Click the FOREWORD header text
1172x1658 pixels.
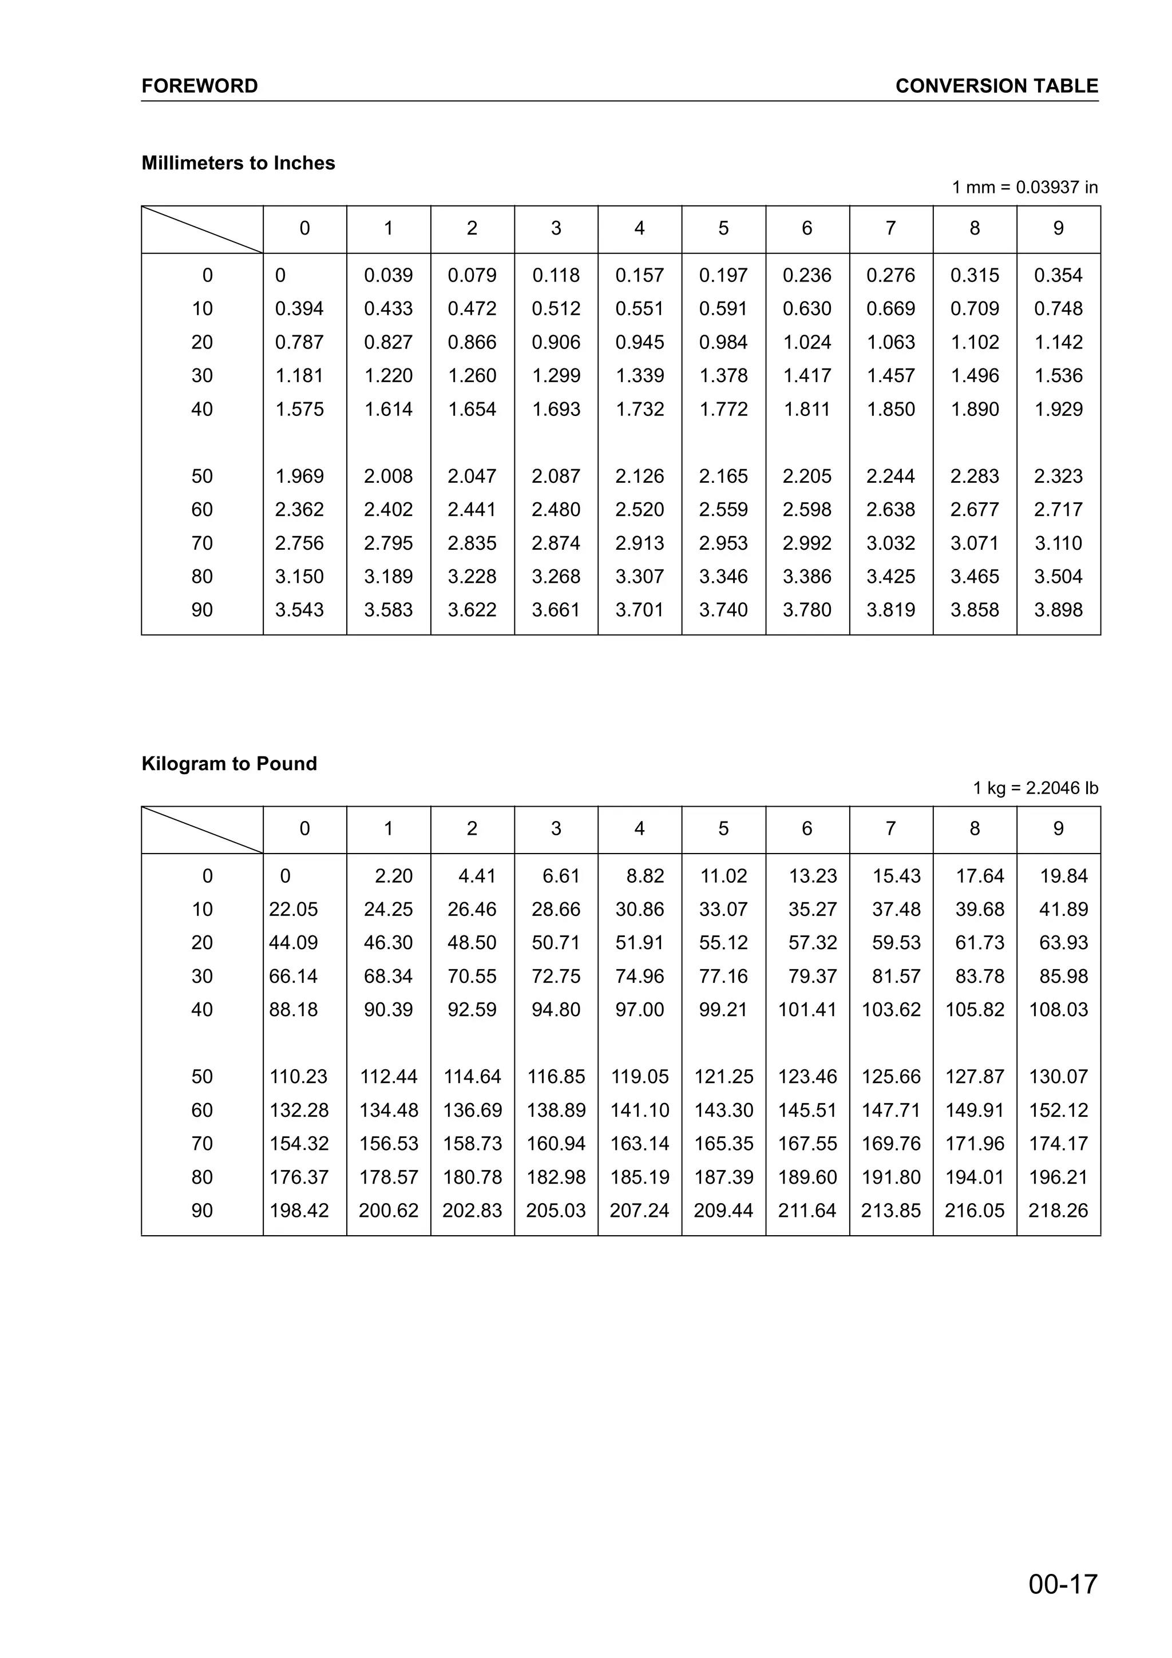pos(199,86)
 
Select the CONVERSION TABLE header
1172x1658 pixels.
pos(996,86)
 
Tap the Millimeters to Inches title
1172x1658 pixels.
pos(238,163)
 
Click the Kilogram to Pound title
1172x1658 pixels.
pos(229,764)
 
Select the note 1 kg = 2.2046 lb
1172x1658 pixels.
pos(1035,788)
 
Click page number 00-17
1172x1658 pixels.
pos(1062,1584)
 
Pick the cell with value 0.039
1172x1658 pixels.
pos(389,275)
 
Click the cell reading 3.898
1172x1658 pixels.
pos(1058,610)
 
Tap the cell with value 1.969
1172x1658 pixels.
pos(300,477)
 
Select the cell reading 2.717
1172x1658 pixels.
pos(1058,510)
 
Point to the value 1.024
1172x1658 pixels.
pos(806,342)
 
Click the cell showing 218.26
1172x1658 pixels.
pos(1058,1210)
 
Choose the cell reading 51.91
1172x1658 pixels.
pos(639,942)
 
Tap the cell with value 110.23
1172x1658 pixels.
pos(298,1077)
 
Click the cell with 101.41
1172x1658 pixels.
pos(806,1010)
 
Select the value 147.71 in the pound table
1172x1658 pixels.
pos(890,1110)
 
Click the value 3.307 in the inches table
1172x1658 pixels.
pos(639,577)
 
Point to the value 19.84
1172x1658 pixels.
pos(1063,876)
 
